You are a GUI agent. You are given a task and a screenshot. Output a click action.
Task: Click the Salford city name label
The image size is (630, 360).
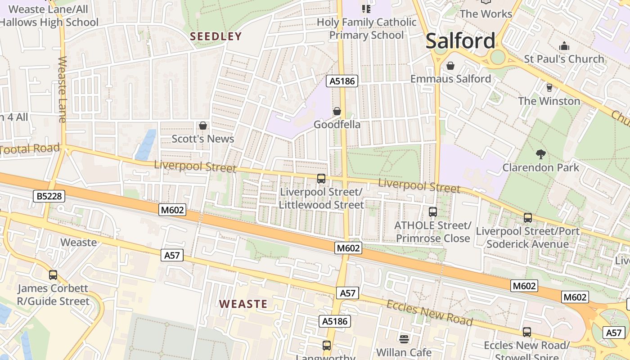460,41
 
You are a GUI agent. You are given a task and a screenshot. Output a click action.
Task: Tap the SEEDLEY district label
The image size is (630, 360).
216,36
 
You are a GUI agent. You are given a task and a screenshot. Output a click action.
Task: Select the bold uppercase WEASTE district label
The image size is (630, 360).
243,304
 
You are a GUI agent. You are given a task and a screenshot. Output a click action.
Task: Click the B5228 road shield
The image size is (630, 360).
49,196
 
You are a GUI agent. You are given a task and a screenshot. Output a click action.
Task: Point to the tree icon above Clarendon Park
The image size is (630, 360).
541,154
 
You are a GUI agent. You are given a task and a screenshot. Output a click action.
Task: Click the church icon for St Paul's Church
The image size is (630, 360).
564,46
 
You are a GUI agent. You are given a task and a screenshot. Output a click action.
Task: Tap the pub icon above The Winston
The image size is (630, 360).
549,87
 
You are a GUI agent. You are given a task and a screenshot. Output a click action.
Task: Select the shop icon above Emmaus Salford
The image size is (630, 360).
450,66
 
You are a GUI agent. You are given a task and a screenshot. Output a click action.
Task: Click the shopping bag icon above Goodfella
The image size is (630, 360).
337,111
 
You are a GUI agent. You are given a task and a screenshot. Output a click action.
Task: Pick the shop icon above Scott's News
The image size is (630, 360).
203,125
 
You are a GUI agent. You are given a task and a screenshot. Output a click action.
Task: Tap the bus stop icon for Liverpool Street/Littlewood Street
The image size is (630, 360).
321,178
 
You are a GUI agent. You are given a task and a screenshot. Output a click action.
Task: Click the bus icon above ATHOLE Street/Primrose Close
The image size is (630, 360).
432,211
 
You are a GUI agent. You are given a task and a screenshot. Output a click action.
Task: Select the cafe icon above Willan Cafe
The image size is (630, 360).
404,338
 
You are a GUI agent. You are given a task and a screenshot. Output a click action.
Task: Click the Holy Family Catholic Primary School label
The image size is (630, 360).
366,28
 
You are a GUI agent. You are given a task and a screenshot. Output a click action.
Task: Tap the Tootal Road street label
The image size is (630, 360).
30,149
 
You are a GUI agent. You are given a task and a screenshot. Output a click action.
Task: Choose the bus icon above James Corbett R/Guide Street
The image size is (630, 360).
53,274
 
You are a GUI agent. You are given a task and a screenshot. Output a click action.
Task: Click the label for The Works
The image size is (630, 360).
486,13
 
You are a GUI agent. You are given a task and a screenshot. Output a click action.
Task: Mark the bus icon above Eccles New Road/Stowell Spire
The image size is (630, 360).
526,332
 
